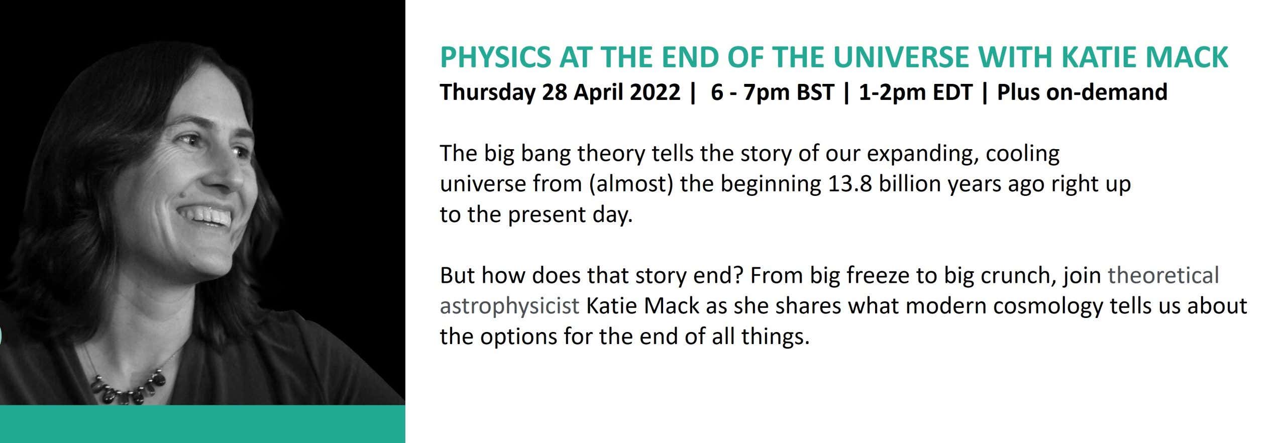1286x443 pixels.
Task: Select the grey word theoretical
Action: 1163,275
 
